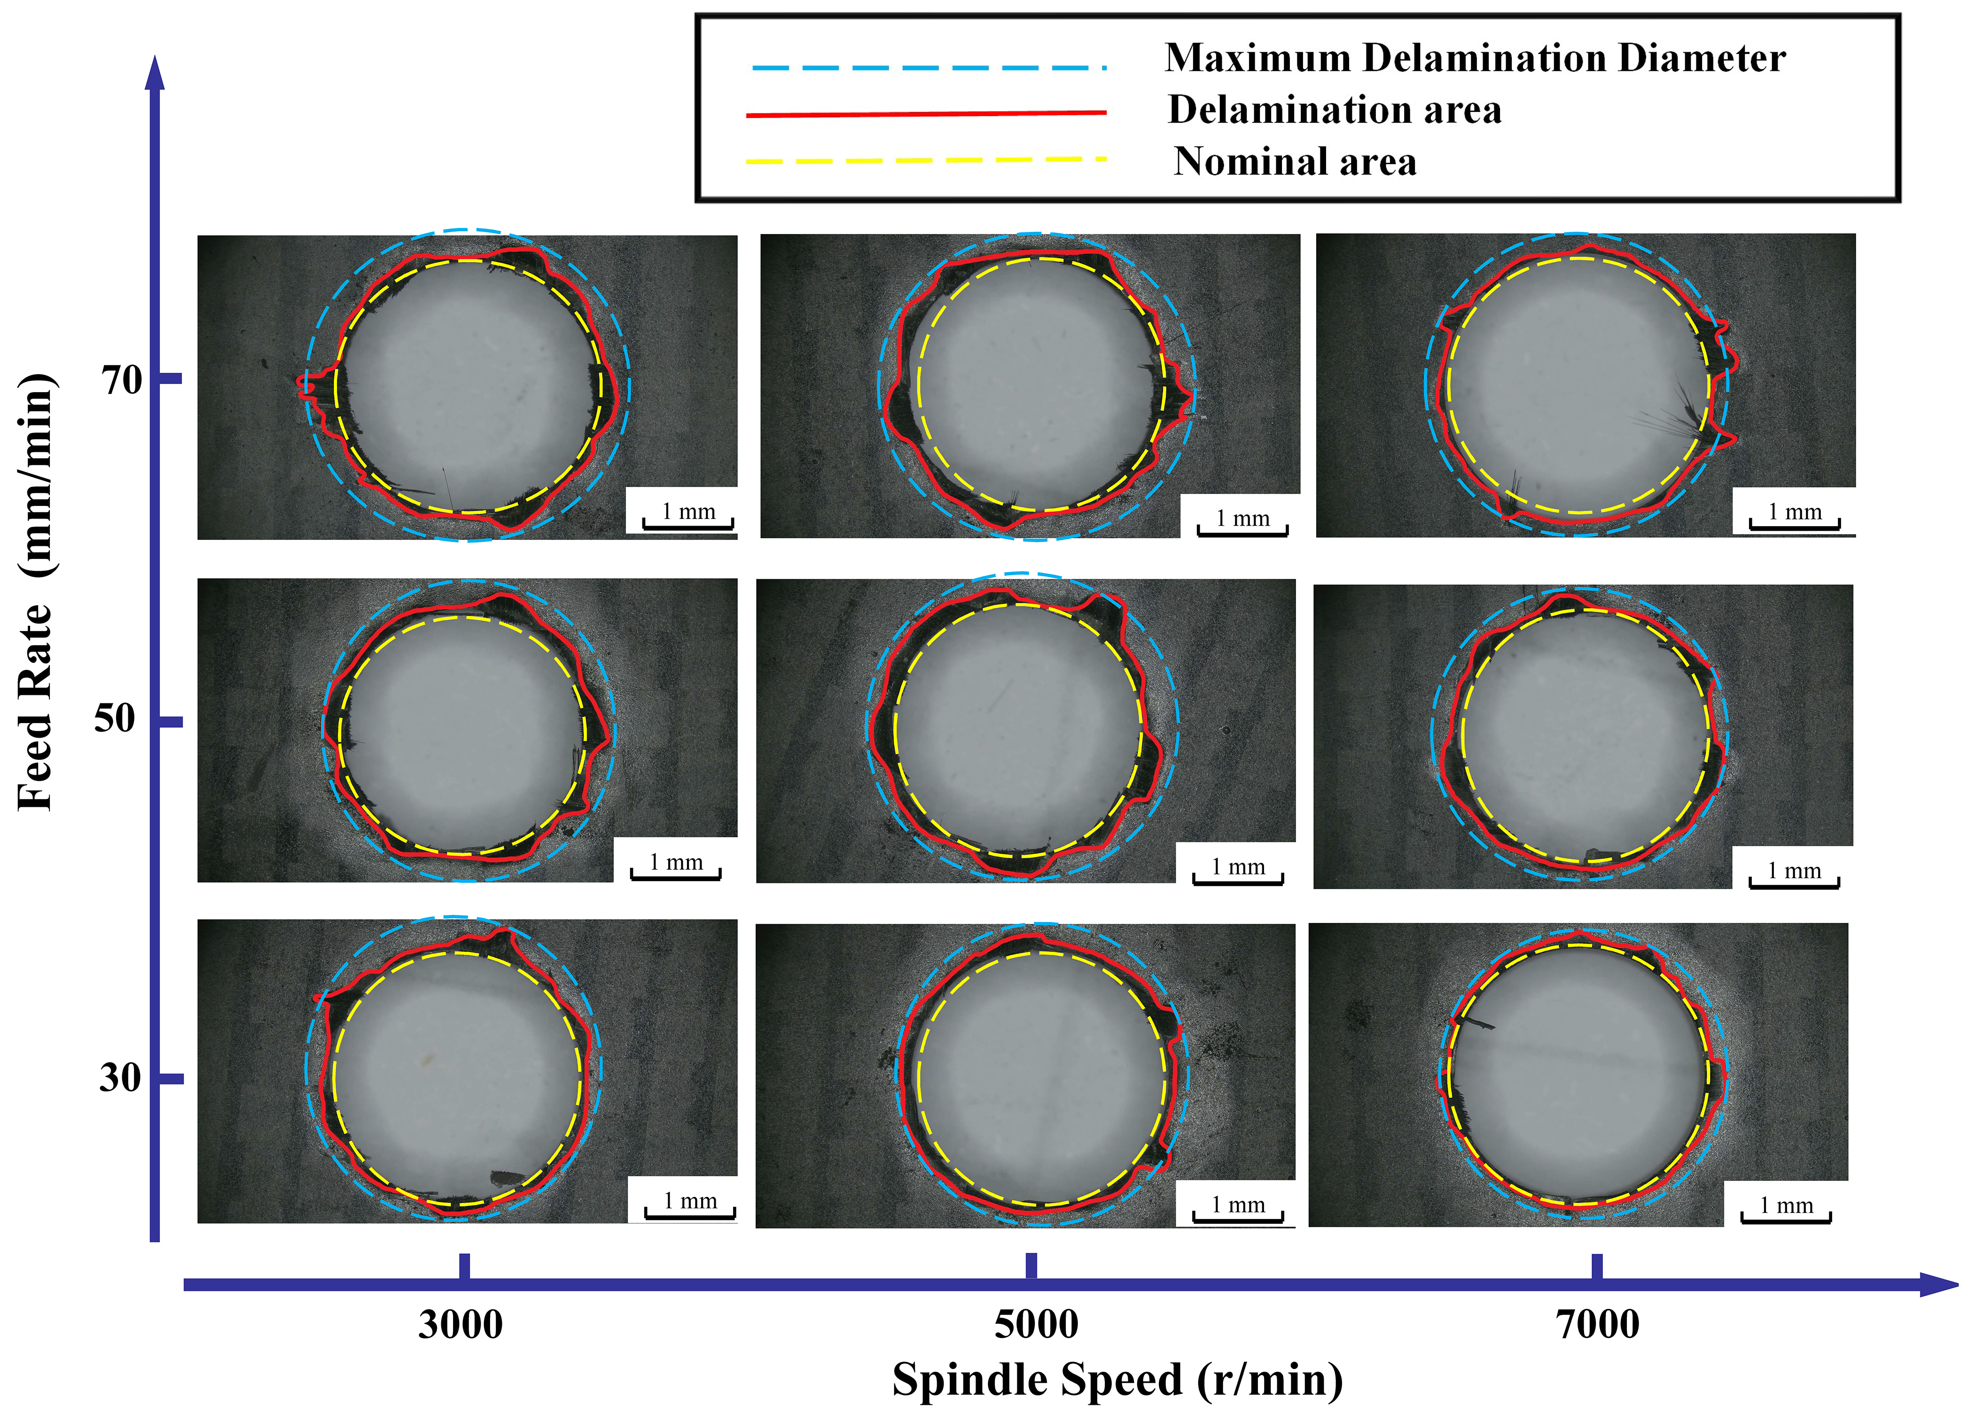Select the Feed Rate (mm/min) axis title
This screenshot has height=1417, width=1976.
tap(37, 592)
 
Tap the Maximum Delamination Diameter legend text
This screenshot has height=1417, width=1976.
tap(1475, 58)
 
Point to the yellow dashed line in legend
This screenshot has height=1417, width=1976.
tap(926, 160)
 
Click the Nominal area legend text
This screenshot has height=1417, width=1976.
tap(1295, 162)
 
